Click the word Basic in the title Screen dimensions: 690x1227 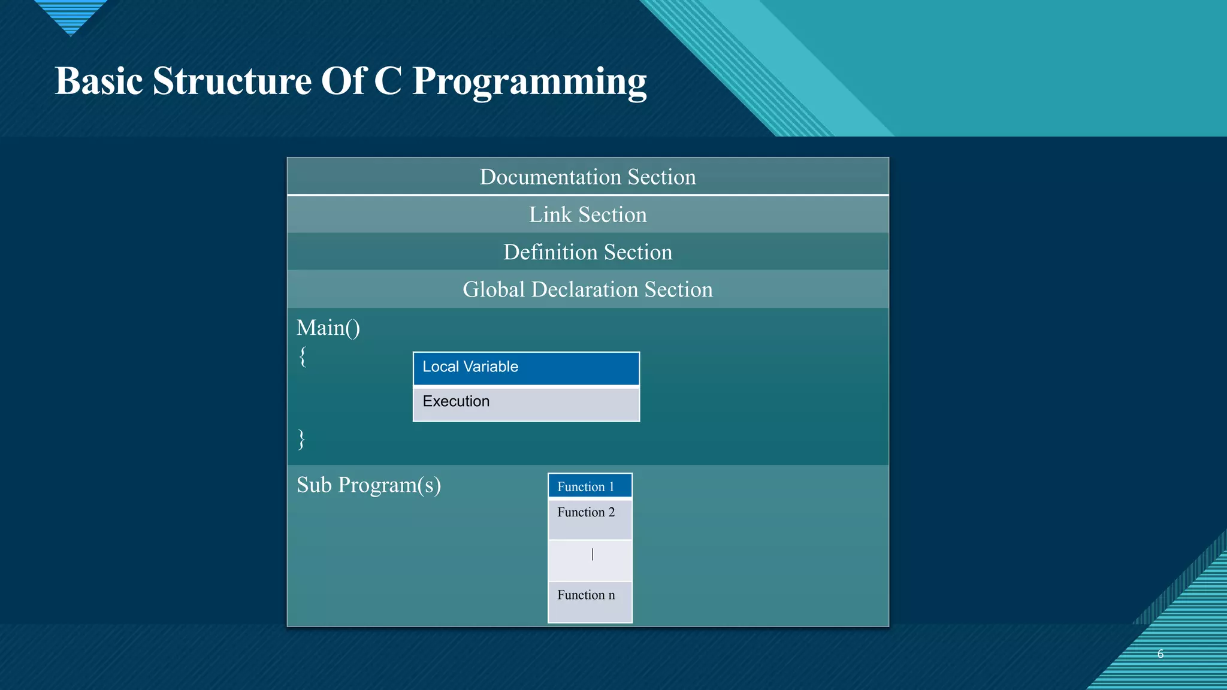click(x=99, y=81)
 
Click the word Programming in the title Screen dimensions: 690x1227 click(x=530, y=82)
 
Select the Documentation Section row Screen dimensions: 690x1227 click(x=588, y=177)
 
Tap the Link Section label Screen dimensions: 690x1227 click(x=588, y=214)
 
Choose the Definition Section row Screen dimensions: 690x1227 click(x=588, y=252)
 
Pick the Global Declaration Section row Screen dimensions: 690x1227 click(x=588, y=289)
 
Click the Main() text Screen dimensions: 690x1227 click(x=328, y=328)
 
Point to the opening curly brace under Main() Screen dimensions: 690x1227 click(x=303, y=357)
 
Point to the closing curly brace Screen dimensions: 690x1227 click(x=301, y=439)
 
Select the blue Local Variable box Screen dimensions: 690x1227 click(x=526, y=368)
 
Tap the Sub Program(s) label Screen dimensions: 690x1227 click(x=368, y=485)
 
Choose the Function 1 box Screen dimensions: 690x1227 click(x=590, y=486)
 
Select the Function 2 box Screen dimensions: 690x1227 click(x=590, y=518)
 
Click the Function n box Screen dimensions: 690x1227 click(x=590, y=601)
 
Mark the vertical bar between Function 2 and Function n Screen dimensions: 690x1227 click(x=593, y=555)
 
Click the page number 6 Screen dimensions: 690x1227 click(x=1160, y=654)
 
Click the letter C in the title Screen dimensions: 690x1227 click(x=388, y=81)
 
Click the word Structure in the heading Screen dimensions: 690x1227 click(x=232, y=81)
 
